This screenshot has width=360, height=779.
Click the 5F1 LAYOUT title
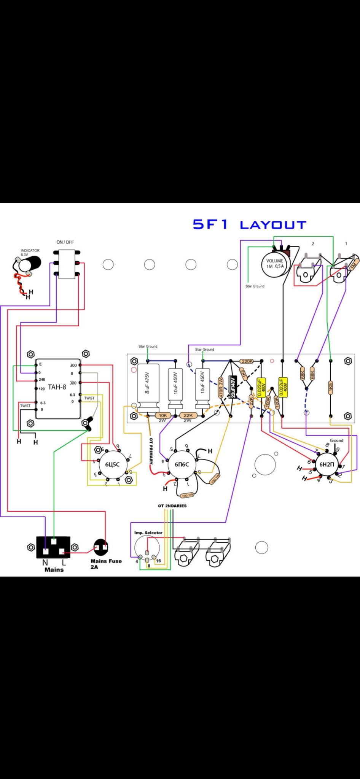(x=249, y=224)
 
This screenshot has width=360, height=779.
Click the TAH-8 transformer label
(x=57, y=388)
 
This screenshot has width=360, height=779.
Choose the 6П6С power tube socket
(x=182, y=464)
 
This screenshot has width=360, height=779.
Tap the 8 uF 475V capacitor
(x=147, y=388)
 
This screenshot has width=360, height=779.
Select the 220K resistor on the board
(x=247, y=361)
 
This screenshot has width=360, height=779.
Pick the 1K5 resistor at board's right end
(x=330, y=388)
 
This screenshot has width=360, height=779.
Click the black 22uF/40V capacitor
(x=233, y=387)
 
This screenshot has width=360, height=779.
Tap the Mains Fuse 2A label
(x=106, y=563)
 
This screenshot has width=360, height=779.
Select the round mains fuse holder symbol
(x=101, y=548)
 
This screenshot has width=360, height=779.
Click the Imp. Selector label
(x=148, y=533)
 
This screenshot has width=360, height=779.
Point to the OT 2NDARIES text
(x=172, y=506)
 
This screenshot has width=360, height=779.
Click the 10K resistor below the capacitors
(x=162, y=415)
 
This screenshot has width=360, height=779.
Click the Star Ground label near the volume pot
(x=255, y=286)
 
